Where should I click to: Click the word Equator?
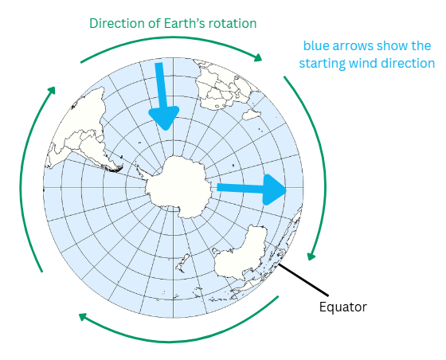[x=342, y=307]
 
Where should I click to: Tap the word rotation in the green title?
[x=233, y=23]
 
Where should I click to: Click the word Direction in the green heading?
[x=116, y=23]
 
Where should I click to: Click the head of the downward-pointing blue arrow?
[x=164, y=118]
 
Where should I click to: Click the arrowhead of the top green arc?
[x=258, y=57]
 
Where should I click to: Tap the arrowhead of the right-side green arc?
[x=311, y=256]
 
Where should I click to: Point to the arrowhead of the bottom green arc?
[x=83, y=316]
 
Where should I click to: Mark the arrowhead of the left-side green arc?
[x=51, y=91]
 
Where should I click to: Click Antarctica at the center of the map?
[x=178, y=187]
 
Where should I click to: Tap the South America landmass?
[x=83, y=131]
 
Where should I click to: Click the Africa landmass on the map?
[x=225, y=85]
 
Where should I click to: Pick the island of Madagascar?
[x=252, y=115]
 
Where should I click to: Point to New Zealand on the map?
[x=182, y=262]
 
